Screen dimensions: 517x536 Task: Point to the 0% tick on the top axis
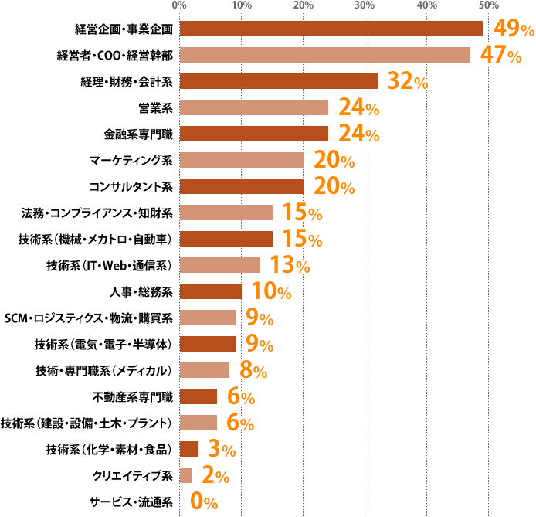tap(180, 6)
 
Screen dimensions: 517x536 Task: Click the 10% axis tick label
tap(241, 6)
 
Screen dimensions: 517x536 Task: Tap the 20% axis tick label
tap(303, 6)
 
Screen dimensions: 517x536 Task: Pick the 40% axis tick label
tap(426, 6)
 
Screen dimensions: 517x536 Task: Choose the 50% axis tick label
tap(487, 6)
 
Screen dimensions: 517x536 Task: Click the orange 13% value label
tap(290, 266)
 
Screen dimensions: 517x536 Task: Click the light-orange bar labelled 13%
tap(220, 265)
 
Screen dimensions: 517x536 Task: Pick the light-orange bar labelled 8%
tap(205, 370)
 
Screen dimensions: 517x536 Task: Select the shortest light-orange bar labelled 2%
tap(185, 475)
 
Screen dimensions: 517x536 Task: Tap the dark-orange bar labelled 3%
tap(189, 449)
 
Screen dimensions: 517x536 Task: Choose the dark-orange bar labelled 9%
tap(208, 344)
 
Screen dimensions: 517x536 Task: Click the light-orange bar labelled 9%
tap(208, 318)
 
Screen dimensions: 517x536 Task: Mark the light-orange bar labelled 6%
tap(198, 423)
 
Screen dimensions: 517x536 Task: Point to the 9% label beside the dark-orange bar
tap(258, 344)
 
